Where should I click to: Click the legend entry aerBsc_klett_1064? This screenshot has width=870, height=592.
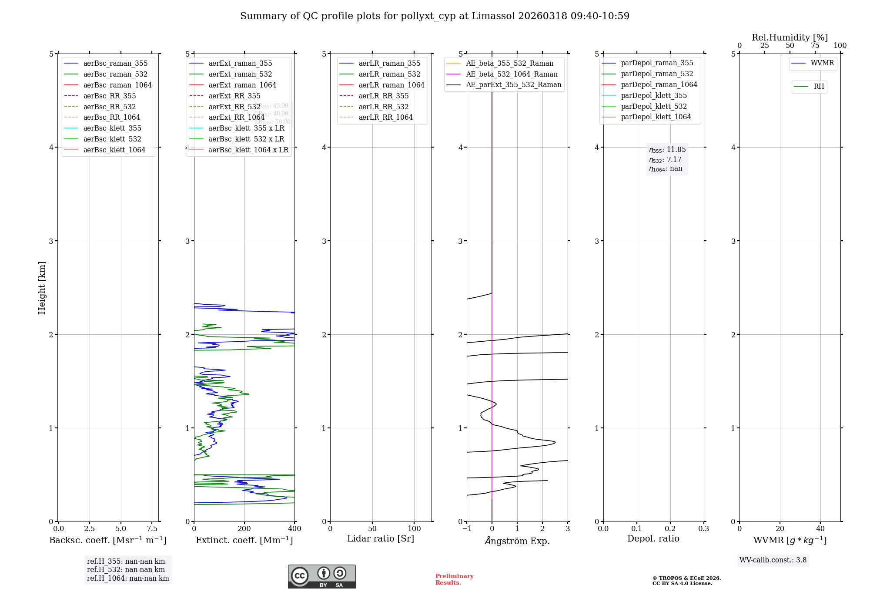pos(114,150)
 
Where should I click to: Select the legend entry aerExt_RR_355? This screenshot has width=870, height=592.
pos(234,96)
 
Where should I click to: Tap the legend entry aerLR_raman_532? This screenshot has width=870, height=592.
pos(389,74)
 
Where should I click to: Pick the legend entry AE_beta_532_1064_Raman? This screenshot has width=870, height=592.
pos(512,74)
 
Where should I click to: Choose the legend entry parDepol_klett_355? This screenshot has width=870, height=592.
pos(654,95)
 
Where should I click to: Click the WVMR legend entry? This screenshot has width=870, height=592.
pos(822,63)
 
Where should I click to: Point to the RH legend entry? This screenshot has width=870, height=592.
pos(819,87)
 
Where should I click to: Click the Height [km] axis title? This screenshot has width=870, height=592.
pos(42,287)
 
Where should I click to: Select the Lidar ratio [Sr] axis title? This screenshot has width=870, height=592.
pos(381,538)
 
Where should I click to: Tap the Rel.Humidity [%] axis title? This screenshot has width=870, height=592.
pos(790,37)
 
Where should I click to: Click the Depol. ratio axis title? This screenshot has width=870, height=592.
pos(653,538)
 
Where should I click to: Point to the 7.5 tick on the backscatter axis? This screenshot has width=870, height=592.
pos(152,528)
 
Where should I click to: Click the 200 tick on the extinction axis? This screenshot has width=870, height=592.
pos(244,528)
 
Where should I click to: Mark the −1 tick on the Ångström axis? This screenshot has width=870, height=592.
pos(467,528)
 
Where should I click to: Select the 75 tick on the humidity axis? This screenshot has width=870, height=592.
pos(815,46)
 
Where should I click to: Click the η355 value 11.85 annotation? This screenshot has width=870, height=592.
pos(667,150)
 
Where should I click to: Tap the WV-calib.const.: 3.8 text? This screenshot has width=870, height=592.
pos(773,560)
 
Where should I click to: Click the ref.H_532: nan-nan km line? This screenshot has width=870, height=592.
pos(126,569)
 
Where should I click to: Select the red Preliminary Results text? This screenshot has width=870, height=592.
pos(454,579)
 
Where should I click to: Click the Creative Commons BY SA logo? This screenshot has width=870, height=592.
pos(321,576)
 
